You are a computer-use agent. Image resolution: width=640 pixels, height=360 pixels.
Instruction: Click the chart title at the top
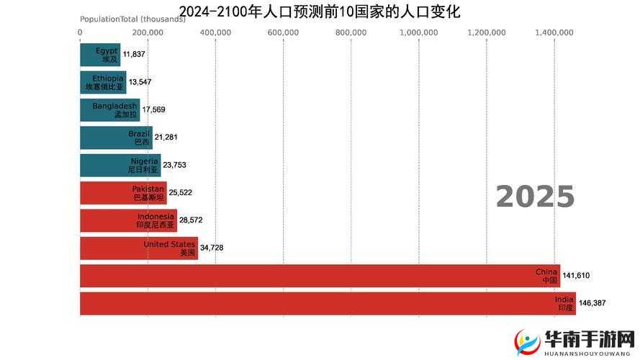coord(320,12)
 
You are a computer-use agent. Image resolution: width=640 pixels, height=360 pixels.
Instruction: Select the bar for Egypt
coord(100,54)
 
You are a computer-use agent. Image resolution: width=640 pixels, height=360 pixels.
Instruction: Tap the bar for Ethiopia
coord(103,82)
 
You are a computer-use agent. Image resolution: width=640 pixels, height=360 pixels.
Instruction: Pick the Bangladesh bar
coord(109,109)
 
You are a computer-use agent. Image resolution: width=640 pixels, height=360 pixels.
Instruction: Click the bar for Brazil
coord(116,138)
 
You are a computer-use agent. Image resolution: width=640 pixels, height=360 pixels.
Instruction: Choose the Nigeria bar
coord(120,165)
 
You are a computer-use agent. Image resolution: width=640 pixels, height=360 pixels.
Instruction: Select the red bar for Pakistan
coord(123,192)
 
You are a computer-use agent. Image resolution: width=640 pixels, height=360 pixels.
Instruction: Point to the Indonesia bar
coord(128,220)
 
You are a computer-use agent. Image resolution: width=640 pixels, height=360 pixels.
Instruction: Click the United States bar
coord(138,248)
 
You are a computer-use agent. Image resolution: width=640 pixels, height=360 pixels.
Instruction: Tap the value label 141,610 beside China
coord(576,276)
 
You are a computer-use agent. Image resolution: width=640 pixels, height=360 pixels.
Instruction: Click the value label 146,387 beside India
coord(592,303)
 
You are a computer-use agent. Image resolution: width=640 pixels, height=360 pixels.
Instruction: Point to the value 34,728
coord(212,248)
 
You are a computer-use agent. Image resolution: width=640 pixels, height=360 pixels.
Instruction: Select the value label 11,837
coord(134,54)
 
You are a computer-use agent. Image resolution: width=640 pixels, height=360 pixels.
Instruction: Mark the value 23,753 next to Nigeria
coord(174,165)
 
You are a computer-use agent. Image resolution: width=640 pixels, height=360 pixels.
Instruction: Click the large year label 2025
coord(535,197)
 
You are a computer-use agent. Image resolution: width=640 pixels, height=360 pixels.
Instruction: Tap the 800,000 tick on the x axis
coord(351,32)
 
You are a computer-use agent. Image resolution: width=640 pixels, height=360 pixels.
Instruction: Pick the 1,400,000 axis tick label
coord(554,32)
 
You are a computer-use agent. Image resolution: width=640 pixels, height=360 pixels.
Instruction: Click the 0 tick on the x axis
coord(80,32)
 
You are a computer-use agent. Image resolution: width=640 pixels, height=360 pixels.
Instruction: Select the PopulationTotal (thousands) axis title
coord(132,19)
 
